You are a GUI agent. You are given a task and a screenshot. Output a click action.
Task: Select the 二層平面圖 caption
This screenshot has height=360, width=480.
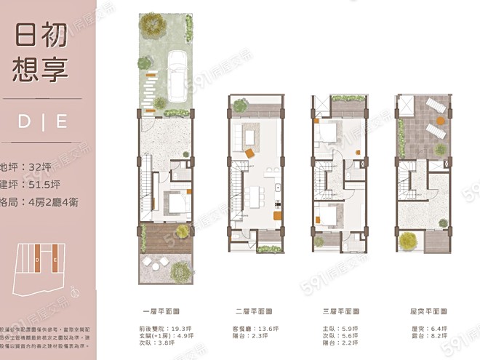(252, 309)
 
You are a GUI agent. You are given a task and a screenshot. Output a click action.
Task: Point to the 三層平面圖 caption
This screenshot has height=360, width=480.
(337, 309)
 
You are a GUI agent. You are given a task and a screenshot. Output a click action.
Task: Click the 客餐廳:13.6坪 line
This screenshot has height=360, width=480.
(252, 328)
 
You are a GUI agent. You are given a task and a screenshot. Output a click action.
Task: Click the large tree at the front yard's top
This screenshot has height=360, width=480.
(153, 23)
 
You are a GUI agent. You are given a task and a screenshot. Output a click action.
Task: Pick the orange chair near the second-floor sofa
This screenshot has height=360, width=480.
(249, 153)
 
